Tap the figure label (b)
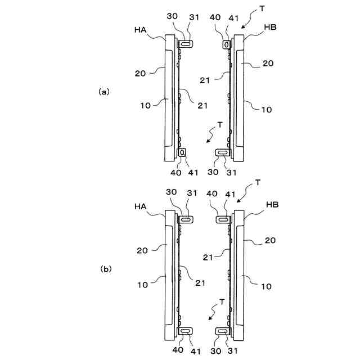click(x=106, y=269)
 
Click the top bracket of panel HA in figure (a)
click(x=186, y=43)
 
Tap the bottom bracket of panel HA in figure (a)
click(x=183, y=152)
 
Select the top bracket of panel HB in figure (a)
click(x=227, y=44)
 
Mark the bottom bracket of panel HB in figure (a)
click(x=223, y=152)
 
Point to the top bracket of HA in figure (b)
click(x=186, y=218)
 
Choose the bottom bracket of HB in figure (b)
click(x=223, y=332)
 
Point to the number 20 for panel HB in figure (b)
click(x=271, y=241)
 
